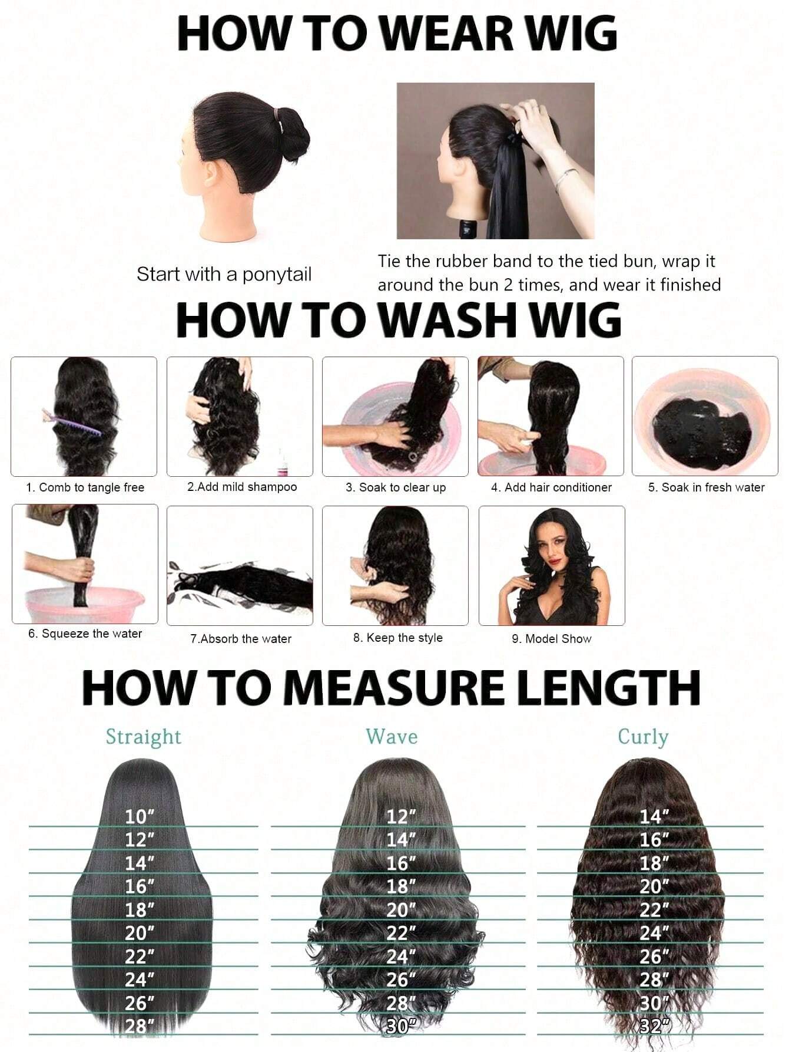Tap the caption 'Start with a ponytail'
224,274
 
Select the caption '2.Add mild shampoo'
242,487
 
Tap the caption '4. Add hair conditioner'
551,487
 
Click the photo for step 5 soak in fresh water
705,416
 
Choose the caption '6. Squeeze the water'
85,634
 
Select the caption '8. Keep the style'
398,638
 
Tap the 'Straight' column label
143,737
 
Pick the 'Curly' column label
643,737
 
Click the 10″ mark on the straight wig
140,817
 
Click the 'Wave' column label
392,737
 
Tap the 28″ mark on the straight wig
140,1026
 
